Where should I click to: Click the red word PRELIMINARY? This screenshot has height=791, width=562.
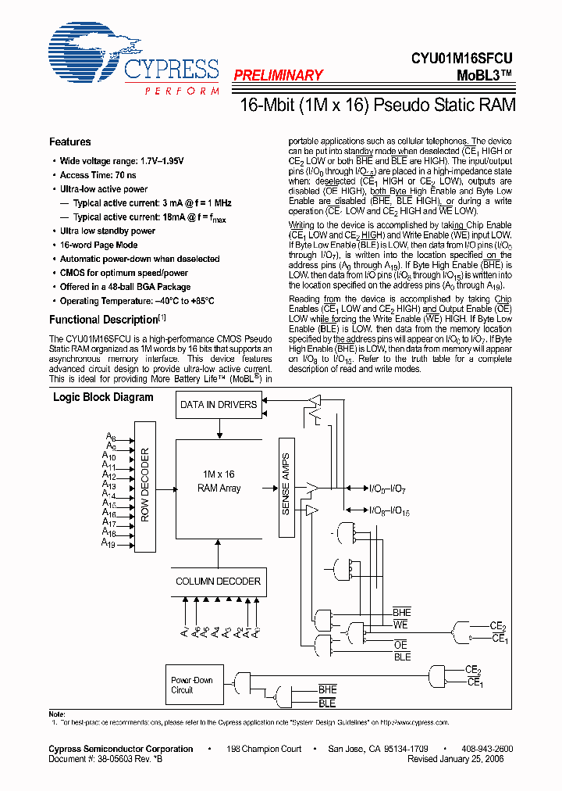(277, 76)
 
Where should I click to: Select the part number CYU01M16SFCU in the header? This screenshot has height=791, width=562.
(464, 58)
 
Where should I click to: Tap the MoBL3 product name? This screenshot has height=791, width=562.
(485, 75)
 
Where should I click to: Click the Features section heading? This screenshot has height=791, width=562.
(70, 142)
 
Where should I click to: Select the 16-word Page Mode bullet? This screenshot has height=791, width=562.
(98, 245)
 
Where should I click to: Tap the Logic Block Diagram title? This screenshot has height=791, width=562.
(103, 397)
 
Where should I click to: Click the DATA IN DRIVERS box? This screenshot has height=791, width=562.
(219, 405)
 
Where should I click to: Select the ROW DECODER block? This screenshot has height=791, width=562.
(145, 485)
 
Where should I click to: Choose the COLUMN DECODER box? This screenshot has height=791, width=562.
(219, 582)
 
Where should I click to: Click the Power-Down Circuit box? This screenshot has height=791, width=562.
(194, 685)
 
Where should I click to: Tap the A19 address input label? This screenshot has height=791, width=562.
(108, 545)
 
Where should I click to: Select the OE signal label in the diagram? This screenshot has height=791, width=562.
(401, 645)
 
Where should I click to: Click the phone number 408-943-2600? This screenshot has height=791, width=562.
(488, 749)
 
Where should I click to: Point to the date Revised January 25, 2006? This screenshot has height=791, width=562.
(456, 758)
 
